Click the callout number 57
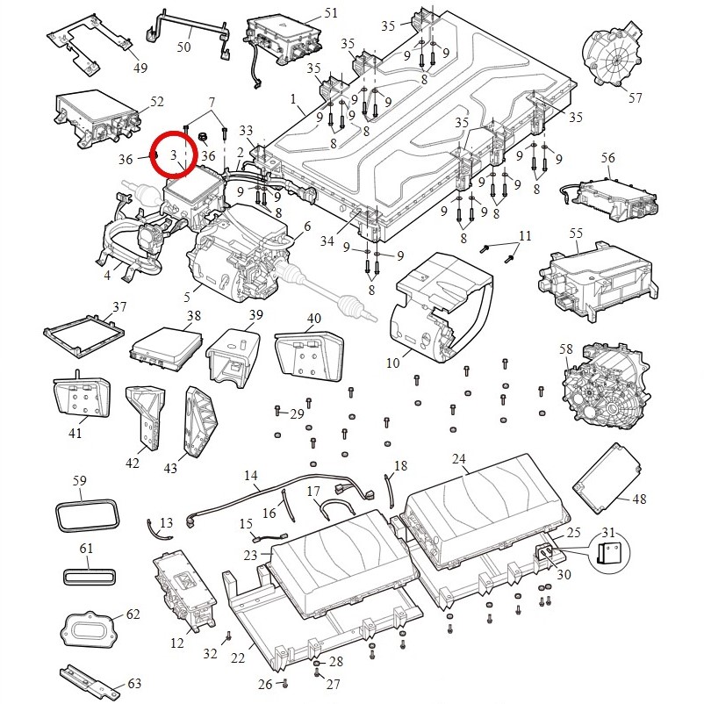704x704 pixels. (635, 97)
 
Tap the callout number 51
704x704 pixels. (331, 13)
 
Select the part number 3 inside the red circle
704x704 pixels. (174, 155)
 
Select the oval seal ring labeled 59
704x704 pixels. (88, 515)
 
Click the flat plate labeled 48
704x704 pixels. (607, 478)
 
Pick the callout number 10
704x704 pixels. (392, 363)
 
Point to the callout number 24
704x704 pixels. (459, 458)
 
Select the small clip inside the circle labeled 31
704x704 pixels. (608, 554)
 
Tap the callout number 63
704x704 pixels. (134, 683)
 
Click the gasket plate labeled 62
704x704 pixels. (88, 630)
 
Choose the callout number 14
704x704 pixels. (251, 475)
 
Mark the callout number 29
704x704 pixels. (297, 413)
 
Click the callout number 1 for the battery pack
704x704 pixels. (293, 98)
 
